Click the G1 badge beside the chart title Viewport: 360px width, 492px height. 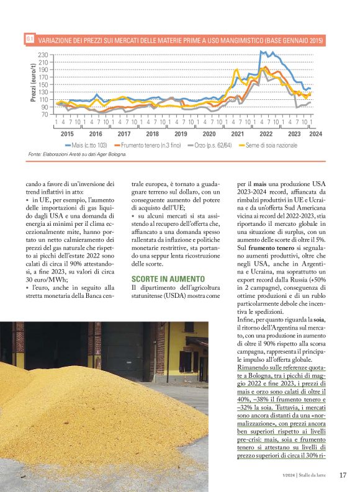point(29,39)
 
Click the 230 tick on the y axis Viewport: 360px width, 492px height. point(43,55)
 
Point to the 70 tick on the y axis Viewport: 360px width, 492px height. point(44,114)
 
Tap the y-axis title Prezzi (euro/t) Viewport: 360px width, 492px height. point(32,86)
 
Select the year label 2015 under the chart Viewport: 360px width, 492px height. point(67,133)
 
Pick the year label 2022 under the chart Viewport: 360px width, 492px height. point(266,133)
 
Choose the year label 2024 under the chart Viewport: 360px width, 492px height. point(315,133)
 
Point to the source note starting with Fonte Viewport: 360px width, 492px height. point(78,154)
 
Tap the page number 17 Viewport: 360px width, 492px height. point(343,475)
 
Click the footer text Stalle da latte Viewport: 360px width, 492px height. point(315,476)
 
